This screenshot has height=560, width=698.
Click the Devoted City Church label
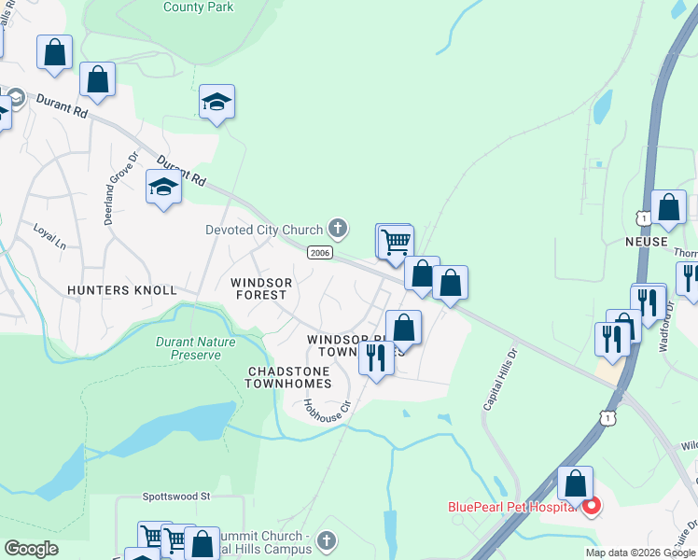(x=264, y=230)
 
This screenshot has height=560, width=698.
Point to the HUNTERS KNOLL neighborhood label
(x=121, y=290)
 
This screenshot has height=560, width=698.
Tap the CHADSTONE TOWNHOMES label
(x=288, y=377)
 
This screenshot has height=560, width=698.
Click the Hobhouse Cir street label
(x=326, y=407)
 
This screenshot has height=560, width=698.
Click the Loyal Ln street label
(x=49, y=233)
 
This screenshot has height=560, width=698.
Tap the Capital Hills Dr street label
(x=499, y=380)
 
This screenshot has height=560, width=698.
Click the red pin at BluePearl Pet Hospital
(x=591, y=508)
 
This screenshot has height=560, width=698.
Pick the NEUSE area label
(x=646, y=242)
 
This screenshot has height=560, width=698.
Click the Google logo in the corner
(x=32, y=549)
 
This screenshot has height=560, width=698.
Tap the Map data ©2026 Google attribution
(x=640, y=553)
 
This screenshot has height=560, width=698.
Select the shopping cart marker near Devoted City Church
(x=395, y=241)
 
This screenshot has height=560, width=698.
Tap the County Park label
(x=198, y=7)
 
